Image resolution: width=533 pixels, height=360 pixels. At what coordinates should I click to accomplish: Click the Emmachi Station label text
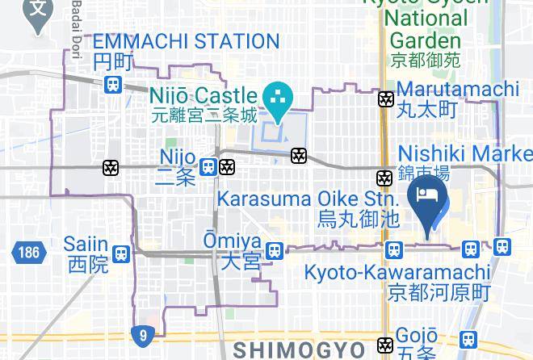point(187,41)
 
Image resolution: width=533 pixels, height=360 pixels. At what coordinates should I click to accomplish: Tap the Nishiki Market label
point(465,153)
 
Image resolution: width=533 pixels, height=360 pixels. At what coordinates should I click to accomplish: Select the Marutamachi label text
point(458,89)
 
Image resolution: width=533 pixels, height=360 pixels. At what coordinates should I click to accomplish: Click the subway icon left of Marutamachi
point(386,99)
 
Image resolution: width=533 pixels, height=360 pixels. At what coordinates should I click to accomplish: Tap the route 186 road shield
point(26,253)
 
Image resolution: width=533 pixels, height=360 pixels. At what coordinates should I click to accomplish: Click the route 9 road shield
point(142,334)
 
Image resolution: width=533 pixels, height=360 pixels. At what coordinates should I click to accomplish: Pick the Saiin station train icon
point(121,253)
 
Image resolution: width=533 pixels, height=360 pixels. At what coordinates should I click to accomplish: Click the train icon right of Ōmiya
point(275,250)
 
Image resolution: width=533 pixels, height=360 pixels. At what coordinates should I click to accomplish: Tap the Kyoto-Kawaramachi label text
point(397,272)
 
